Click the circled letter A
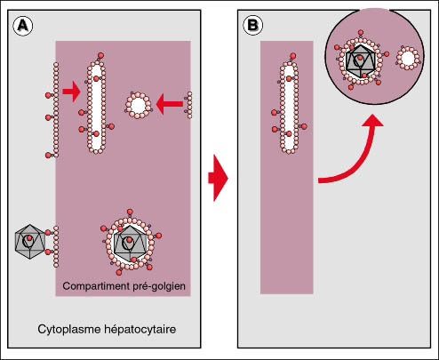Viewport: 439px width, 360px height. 23,26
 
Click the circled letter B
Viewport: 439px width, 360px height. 252,25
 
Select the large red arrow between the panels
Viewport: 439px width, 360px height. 218,178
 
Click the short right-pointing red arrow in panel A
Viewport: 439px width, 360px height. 71,92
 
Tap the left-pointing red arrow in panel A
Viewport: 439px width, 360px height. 169,104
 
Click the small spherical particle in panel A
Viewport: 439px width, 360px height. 138,106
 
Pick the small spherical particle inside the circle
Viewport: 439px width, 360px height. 408,58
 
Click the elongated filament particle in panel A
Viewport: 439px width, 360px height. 96,105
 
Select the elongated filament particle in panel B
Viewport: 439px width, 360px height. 289,105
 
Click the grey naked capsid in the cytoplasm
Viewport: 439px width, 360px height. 30,242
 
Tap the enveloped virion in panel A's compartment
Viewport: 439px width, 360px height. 131,243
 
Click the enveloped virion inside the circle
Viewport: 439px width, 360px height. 361,60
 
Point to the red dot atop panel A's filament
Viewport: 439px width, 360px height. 100,55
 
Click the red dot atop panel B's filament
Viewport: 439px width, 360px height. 293,56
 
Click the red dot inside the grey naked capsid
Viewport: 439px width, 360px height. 29,237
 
